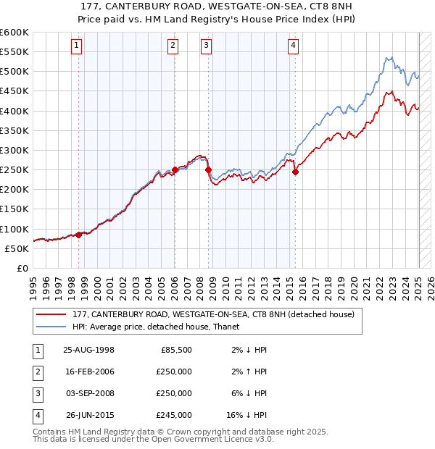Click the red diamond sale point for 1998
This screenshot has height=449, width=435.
[79, 234]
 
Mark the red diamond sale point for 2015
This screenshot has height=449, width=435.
[295, 172]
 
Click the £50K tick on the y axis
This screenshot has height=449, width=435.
[17, 248]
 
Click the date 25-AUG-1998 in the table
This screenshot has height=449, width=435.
[89, 350]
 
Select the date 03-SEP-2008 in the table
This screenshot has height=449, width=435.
[89, 393]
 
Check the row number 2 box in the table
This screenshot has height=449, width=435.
[37, 372]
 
